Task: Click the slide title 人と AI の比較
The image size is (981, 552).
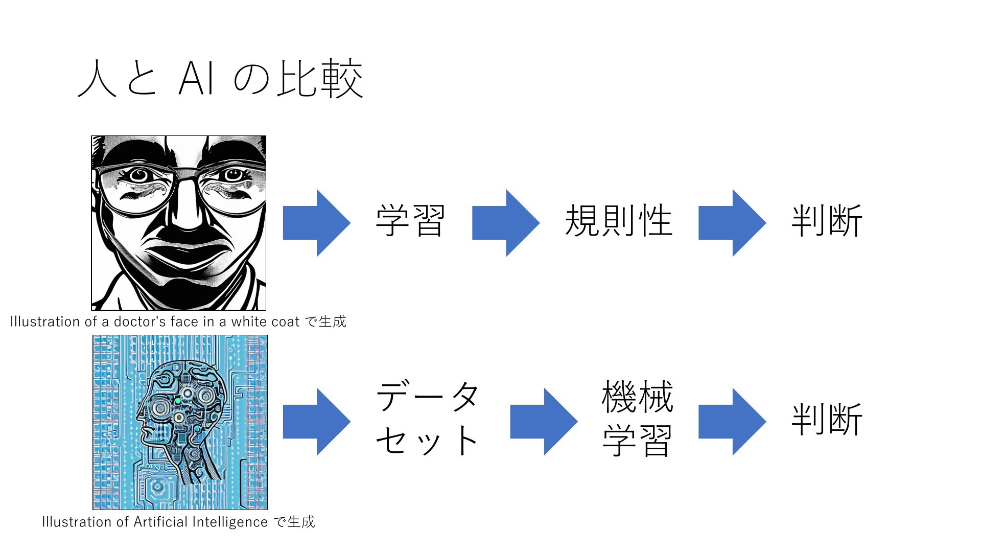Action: pos(220,79)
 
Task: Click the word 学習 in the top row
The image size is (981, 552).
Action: pos(410,221)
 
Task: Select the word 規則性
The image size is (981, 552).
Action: pos(618,221)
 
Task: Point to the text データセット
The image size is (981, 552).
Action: pos(428,418)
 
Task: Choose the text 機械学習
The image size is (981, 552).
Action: pos(637,418)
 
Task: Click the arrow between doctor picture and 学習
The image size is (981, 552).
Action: pos(317,223)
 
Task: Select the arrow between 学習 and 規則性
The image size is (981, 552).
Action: pos(506,223)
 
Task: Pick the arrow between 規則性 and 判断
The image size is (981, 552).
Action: pos(732,223)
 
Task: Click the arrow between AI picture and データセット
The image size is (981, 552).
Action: pos(317,422)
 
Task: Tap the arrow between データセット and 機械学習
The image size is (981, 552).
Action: pos(544,422)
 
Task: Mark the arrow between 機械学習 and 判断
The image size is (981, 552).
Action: pos(732,422)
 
